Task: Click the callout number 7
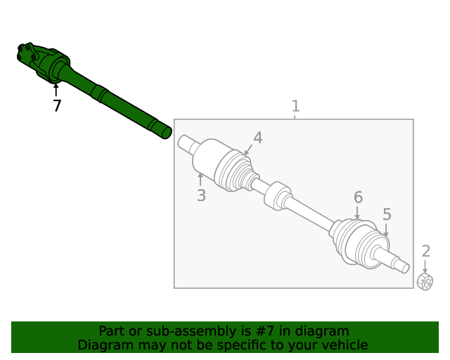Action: coord(57,106)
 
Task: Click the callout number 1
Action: coord(295,106)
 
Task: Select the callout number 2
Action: coord(425,251)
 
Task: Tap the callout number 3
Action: coord(201,195)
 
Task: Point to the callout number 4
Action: coord(258,138)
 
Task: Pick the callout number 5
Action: coord(387,214)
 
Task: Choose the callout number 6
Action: coord(358,197)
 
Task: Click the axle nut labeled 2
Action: coord(425,282)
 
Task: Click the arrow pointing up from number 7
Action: coord(56,89)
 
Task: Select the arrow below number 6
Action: coord(357,213)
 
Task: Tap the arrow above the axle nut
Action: coord(425,266)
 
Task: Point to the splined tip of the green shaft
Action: coord(165,131)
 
